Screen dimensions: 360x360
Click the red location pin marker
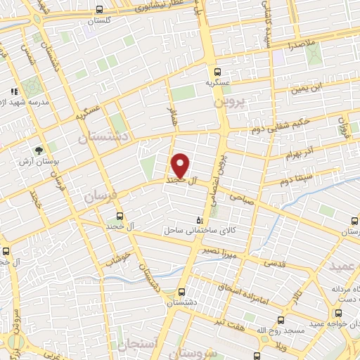(181, 166)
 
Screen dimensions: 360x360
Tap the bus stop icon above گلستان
(99, 10)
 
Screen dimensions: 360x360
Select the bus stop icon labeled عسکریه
(218, 71)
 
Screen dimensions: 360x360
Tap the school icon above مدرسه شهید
(13, 91)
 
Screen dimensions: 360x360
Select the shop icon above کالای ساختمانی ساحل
(199, 220)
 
